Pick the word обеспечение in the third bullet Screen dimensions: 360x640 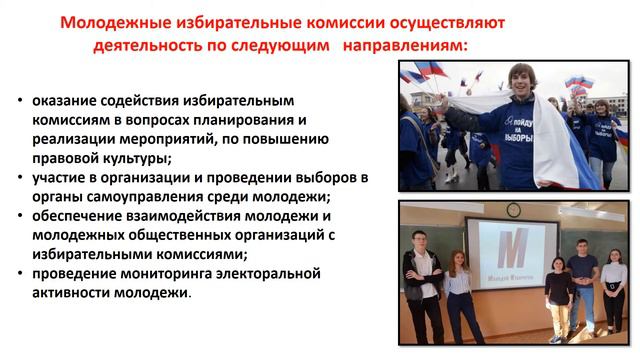click(76, 216)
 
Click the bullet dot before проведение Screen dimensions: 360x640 click(22, 274)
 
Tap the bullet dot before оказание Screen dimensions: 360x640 click(22, 101)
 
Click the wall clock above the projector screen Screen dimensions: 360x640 click(513, 210)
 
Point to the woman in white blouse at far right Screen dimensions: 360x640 click(612, 285)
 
